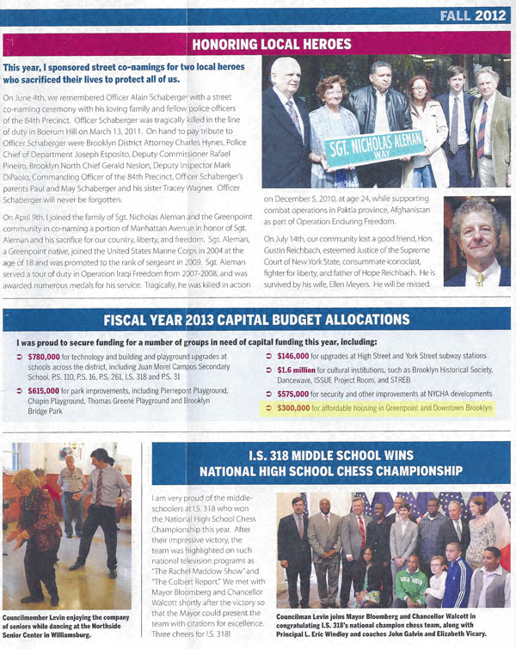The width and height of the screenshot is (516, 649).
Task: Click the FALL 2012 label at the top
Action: click(x=470, y=15)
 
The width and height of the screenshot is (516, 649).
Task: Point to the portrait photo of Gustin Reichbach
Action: click(x=477, y=240)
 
